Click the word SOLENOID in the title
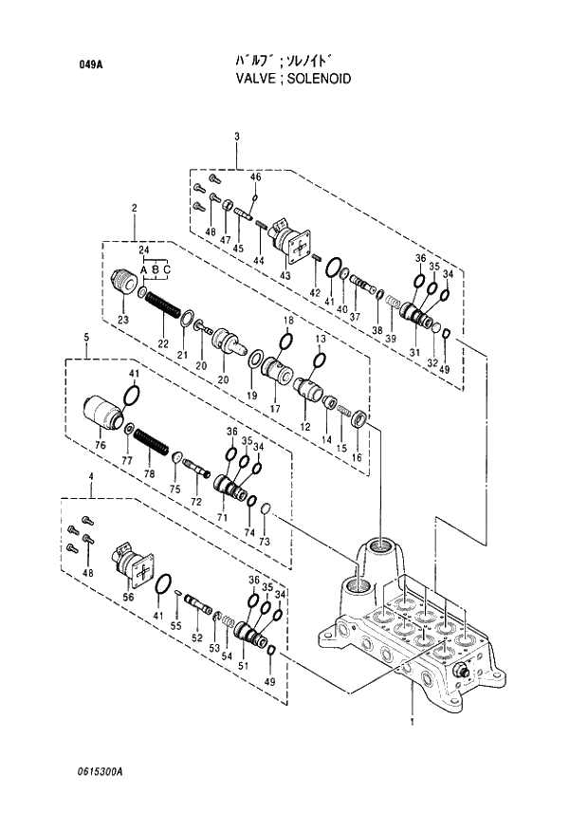point(319,79)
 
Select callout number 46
point(255,177)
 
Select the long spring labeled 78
point(151,442)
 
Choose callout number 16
point(356,457)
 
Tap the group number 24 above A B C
point(144,250)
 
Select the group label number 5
point(85,338)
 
